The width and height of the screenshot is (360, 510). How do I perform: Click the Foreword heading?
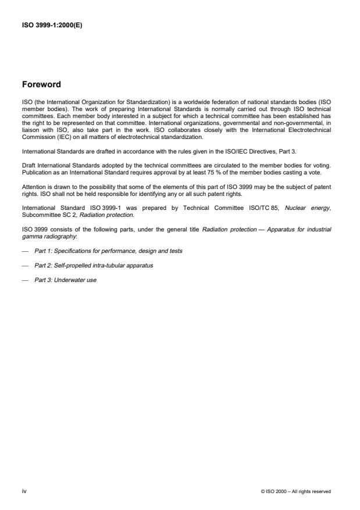click(x=41, y=84)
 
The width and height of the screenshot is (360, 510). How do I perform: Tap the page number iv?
click(x=24, y=491)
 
